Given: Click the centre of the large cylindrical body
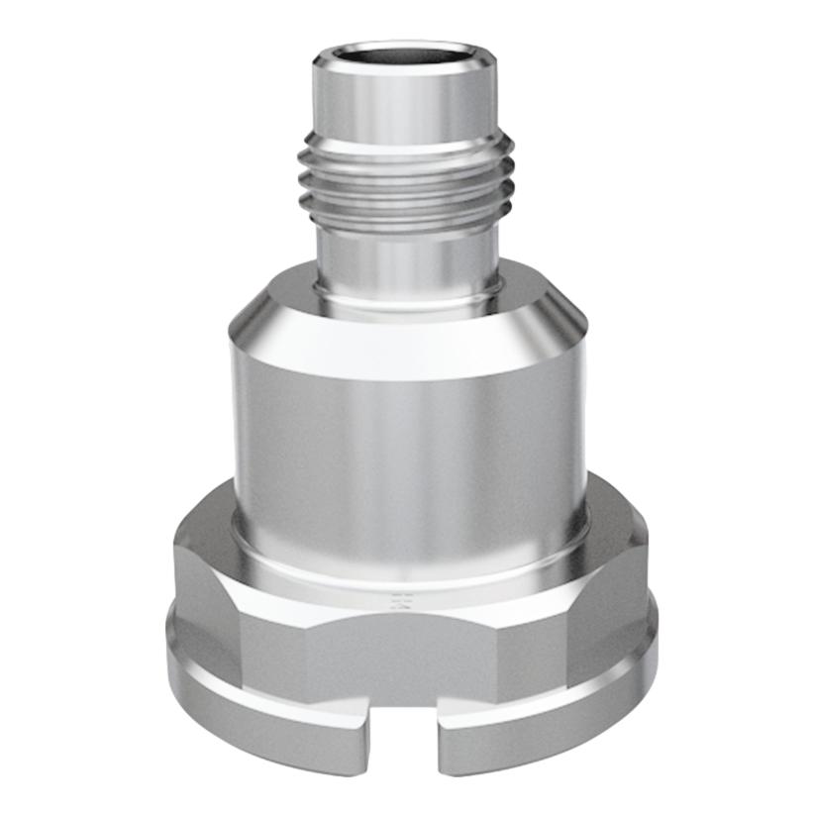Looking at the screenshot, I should click(409, 436).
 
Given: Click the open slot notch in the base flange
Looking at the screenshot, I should click(405, 753).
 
